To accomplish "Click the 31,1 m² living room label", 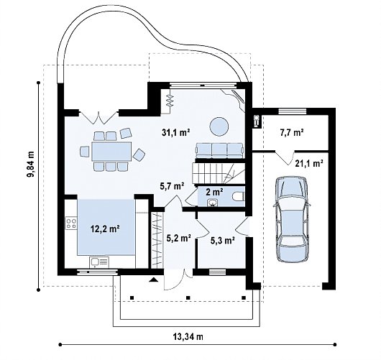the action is (x=176, y=132).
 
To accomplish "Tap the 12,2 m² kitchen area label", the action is (x=105, y=229).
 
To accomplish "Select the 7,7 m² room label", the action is (x=292, y=133).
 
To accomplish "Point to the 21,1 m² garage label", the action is (x=309, y=164).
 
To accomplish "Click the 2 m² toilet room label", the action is (x=214, y=192).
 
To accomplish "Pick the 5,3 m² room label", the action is (x=223, y=241).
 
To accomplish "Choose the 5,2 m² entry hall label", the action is (x=178, y=239).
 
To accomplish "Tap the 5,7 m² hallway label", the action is (x=172, y=186).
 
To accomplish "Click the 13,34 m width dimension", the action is (x=188, y=337).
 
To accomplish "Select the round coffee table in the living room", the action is (x=219, y=126).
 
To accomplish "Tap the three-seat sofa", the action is (x=220, y=151).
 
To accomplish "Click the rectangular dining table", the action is (x=111, y=152).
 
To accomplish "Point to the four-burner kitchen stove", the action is (x=71, y=223).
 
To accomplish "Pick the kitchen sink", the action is (x=99, y=262).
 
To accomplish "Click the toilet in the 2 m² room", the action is (x=238, y=196).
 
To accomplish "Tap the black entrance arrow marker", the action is (x=154, y=280).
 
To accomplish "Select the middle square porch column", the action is (x=188, y=297).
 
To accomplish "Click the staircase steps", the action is (x=219, y=173).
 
